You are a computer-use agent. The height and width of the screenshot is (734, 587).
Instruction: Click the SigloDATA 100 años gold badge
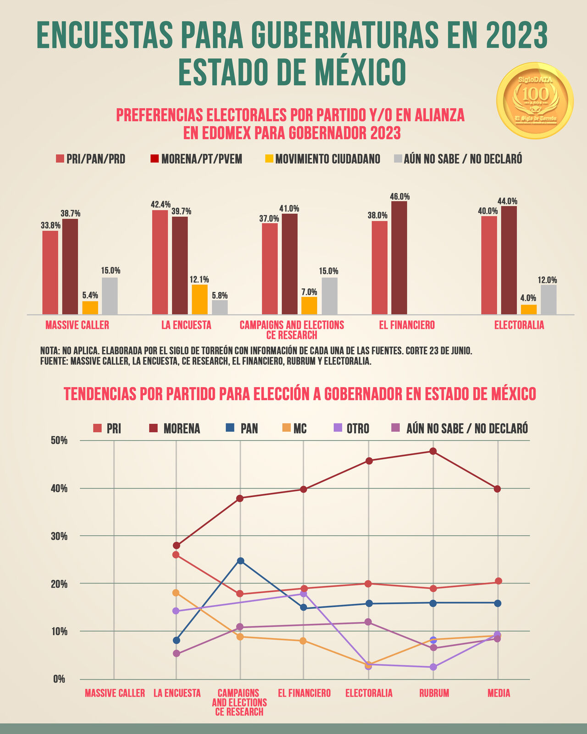coord(535,100)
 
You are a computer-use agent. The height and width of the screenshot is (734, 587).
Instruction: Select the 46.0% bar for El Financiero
coord(399,258)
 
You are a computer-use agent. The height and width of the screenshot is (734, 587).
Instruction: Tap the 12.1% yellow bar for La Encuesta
coord(199,299)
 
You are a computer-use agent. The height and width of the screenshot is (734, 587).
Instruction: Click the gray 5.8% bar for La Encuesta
coord(220,307)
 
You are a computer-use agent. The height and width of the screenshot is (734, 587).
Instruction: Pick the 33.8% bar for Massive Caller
coord(50,272)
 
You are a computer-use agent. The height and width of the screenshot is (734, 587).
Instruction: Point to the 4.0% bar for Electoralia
coord(528,310)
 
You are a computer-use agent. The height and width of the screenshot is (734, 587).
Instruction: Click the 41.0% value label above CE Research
coord(289,208)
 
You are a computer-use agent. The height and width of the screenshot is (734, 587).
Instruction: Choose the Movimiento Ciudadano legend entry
coord(323,159)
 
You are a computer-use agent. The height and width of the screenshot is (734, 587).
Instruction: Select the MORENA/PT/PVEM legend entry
coord(197,159)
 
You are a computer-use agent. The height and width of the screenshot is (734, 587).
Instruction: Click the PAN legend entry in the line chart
coord(243,428)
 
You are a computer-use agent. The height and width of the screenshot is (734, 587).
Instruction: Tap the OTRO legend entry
coord(351,428)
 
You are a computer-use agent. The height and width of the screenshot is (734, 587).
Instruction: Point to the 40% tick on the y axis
coord(58,489)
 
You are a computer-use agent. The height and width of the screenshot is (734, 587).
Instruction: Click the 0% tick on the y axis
coord(59,679)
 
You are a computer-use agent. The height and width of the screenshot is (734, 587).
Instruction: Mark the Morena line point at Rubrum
coord(433,451)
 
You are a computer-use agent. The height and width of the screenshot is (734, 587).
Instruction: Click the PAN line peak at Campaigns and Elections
coord(240,561)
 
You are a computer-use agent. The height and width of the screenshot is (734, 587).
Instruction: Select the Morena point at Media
coord(498,489)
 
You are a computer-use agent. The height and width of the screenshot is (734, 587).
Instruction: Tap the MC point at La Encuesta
coord(176,593)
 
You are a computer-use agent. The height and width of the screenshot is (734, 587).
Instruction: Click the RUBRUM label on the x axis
coord(434,693)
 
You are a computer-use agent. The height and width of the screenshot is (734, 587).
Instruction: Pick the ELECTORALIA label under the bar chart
coord(519,325)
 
